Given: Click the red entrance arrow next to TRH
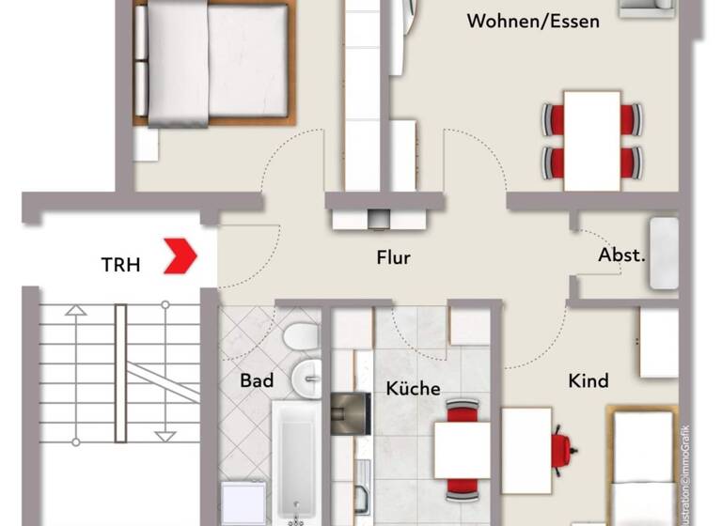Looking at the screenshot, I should click(x=180, y=256).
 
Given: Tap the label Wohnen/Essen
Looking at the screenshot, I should click(x=533, y=22).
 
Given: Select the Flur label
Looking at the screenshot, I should click(x=393, y=257).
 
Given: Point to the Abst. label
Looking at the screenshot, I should click(x=621, y=255).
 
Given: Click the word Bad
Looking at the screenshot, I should click(x=257, y=380).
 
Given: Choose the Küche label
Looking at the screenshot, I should click(x=413, y=388).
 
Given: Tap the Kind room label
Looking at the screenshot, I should click(x=589, y=380).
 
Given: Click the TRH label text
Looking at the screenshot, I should click(x=120, y=265).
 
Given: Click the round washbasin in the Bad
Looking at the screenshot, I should click(x=306, y=378).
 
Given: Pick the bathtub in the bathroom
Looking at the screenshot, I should click(x=296, y=460).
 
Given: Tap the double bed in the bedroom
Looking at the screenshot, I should click(x=211, y=64).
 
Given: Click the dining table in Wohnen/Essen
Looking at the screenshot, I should click(x=592, y=138).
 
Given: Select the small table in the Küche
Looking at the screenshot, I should click(x=462, y=450).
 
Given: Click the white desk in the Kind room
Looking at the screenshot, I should click(x=526, y=450).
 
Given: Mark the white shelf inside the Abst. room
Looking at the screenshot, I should click(x=664, y=253).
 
